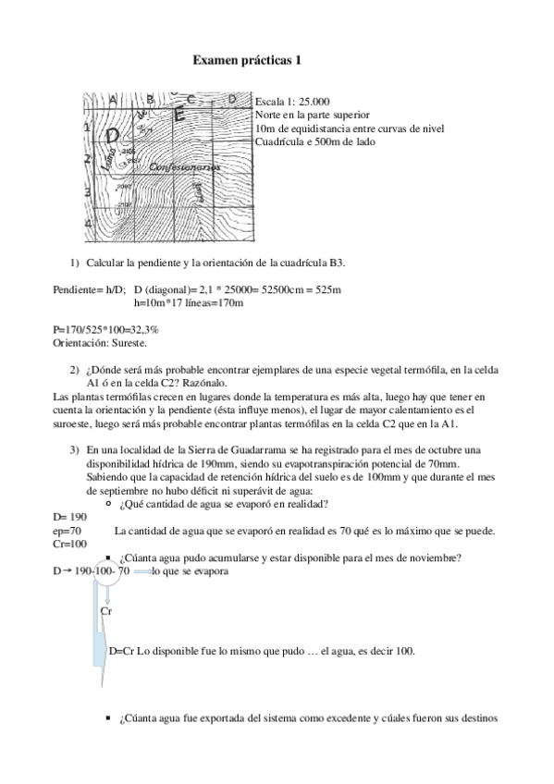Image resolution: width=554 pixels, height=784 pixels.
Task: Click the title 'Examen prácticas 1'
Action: [x=247, y=60]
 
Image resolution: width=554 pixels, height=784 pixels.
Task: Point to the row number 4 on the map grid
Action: [x=88, y=224]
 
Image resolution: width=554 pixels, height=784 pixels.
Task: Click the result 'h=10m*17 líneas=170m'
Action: [x=189, y=302]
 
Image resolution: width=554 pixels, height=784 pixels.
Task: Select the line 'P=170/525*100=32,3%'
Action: [x=106, y=329]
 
